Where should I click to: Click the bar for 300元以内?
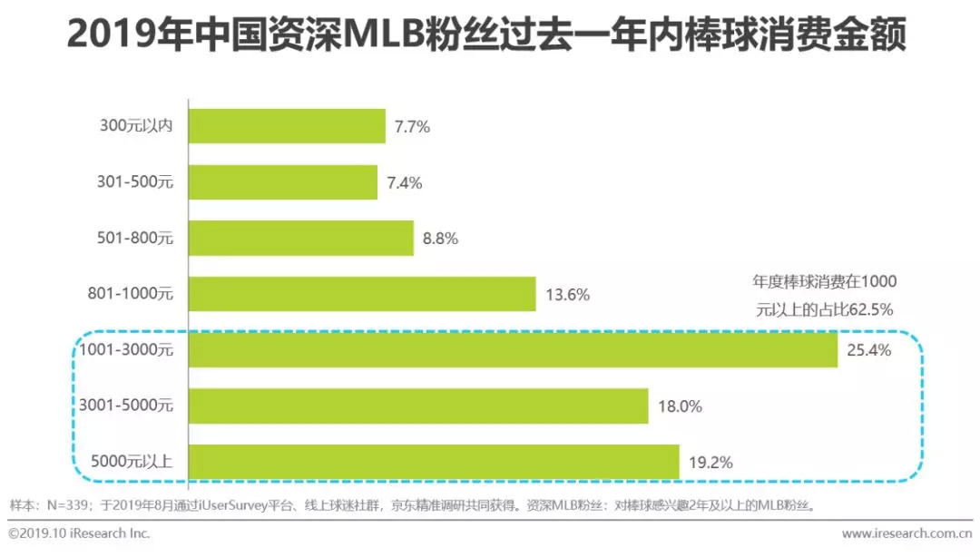click(x=287, y=126)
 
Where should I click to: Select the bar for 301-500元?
click(x=282, y=182)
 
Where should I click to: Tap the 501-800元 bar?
click(x=300, y=239)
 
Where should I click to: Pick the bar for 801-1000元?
click(x=362, y=294)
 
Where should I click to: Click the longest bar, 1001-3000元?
click(x=513, y=350)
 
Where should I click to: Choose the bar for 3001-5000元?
click(x=418, y=406)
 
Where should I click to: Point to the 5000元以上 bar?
click(x=434, y=462)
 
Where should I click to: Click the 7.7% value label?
click(x=412, y=127)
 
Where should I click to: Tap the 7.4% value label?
click(x=404, y=183)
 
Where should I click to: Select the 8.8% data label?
click(x=440, y=239)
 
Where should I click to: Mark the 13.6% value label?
click(x=567, y=295)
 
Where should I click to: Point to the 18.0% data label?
click(x=679, y=407)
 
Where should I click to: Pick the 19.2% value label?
click(x=710, y=463)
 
